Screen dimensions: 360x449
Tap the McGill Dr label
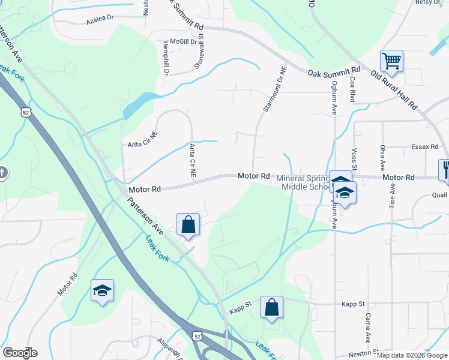coord(175,42)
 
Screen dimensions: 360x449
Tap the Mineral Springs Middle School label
coord(306,182)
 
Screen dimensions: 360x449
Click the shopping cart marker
coord(391,61)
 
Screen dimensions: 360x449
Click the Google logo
coord(20,353)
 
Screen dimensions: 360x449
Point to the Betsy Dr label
coord(428,2)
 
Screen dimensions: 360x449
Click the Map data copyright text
coord(412,355)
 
